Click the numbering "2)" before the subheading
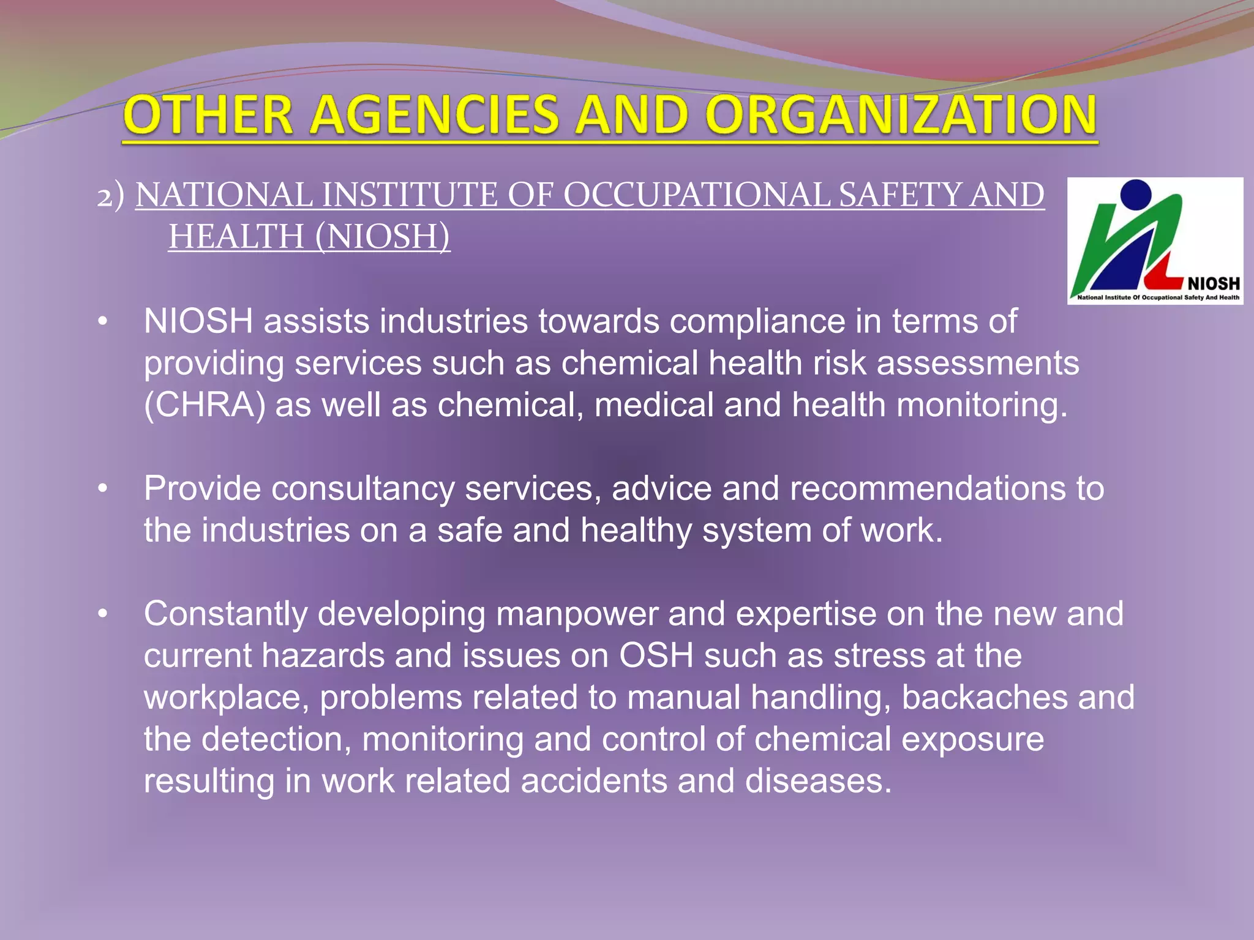[111, 196]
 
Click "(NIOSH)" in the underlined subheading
[383, 237]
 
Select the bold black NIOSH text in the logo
[1214, 284]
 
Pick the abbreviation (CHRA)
[205, 405]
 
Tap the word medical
[653, 405]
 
